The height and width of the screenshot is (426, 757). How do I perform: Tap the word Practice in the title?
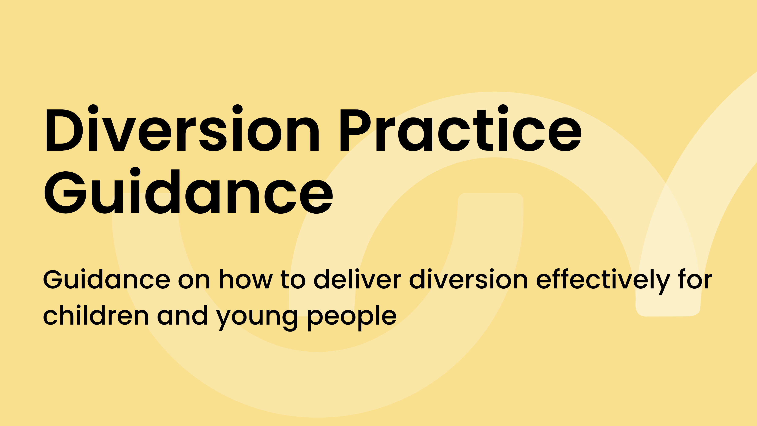(x=460, y=128)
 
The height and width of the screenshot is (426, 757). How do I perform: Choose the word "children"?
(x=96, y=315)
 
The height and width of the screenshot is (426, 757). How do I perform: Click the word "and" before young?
(x=182, y=315)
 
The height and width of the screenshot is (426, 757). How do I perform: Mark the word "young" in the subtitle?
(x=257, y=318)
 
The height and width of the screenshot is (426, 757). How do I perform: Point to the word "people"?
(x=352, y=318)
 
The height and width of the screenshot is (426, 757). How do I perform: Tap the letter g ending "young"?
(x=288, y=320)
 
